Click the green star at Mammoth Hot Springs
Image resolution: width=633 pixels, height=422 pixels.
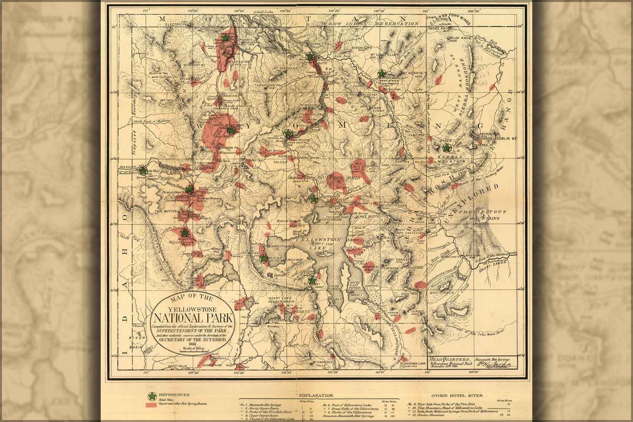[225, 38]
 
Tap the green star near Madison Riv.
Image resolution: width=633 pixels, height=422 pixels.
[144, 171]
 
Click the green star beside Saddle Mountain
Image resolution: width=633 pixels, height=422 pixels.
[447, 148]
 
